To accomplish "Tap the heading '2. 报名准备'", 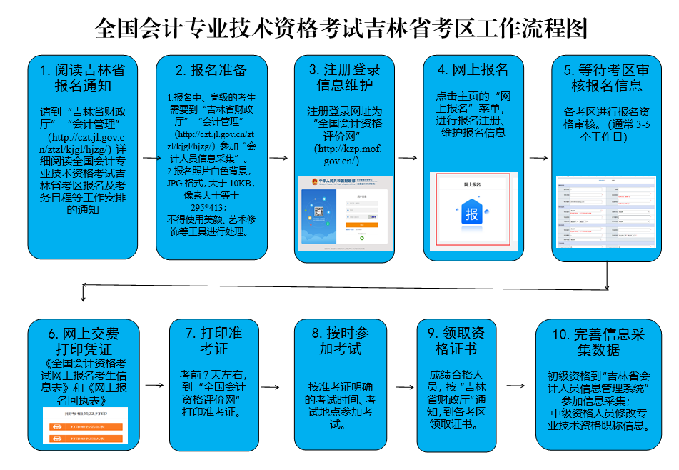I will point(211,70).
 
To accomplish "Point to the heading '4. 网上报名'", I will point(473,70).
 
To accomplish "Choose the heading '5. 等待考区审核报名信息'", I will point(606,78).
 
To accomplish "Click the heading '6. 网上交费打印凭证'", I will point(84,341).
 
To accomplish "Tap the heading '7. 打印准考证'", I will point(214,341).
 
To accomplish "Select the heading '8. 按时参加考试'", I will point(340,341).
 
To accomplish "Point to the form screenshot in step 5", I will point(605,211).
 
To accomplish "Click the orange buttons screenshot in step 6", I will point(85,426).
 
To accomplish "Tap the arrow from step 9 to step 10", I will point(514,386).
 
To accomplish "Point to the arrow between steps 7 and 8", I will point(277,386).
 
